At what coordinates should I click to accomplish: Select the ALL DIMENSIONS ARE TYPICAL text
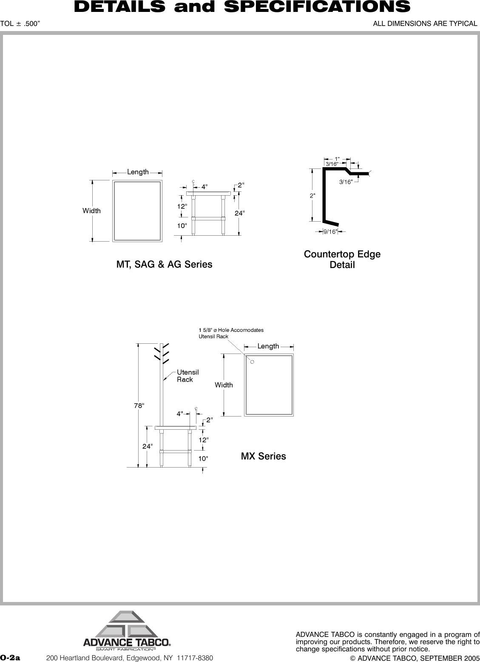[x=425, y=23]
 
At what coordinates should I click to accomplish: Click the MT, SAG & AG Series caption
[x=164, y=265]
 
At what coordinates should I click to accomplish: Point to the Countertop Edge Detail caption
[x=342, y=260]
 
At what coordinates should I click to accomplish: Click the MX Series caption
[x=263, y=457]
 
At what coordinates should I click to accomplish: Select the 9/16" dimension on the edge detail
[x=330, y=232]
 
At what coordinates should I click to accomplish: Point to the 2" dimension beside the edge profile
[x=312, y=196]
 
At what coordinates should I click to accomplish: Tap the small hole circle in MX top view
[x=252, y=362]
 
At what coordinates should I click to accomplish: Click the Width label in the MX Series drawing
[x=224, y=385]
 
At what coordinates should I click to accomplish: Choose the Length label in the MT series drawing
[x=138, y=172]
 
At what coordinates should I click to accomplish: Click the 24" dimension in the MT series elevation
[x=240, y=213]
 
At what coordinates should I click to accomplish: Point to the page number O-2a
[x=10, y=658]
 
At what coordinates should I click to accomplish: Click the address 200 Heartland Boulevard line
[x=129, y=658]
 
